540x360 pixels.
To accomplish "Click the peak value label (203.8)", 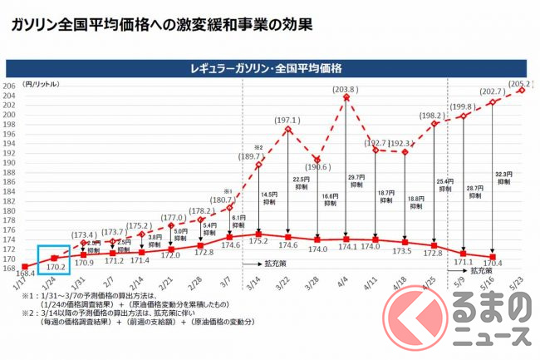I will point(345,90).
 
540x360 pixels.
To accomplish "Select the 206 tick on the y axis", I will point(10,86).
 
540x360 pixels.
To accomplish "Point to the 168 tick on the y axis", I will point(10,269).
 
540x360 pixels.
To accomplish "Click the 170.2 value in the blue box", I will point(54,268).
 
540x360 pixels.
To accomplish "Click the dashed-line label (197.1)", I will point(288,121).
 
